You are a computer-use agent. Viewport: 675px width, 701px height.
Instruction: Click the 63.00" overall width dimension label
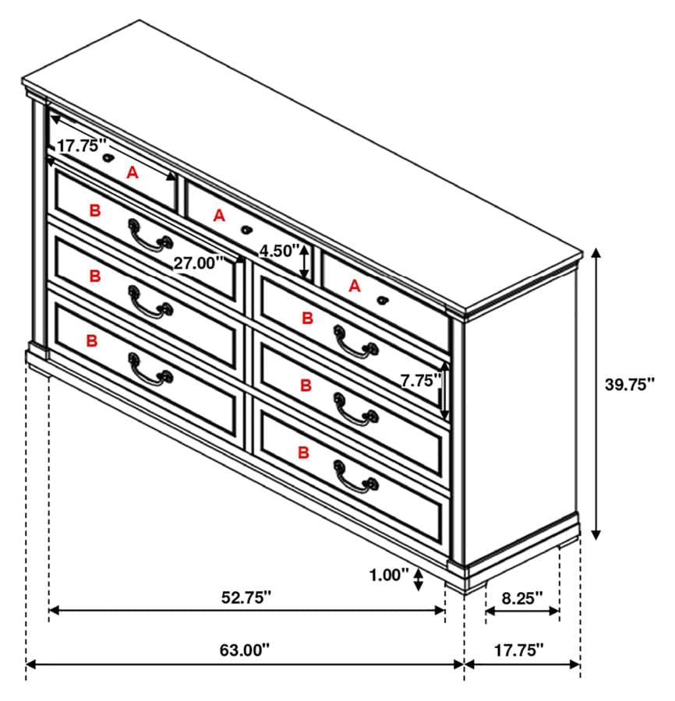(245, 648)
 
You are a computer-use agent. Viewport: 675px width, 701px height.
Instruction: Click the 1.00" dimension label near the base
(390, 576)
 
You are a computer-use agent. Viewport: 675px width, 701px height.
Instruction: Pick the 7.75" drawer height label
(420, 381)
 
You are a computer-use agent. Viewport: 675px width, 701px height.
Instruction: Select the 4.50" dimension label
(279, 251)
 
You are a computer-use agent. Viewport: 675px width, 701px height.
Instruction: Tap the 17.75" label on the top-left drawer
(81, 145)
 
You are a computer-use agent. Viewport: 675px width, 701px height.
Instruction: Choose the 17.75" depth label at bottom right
(520, 649)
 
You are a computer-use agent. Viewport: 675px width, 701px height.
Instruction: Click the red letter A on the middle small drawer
(220, 215)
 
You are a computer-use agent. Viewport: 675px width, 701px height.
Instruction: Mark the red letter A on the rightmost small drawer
(355, 286)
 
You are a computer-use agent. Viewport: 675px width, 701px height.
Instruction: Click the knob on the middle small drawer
(247, 230)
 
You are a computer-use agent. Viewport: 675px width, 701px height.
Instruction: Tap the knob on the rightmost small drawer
(382, 300)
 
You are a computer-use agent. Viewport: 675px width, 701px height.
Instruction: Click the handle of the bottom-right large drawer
(355, 477)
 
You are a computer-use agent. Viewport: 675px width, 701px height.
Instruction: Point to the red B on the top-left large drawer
(95, 210)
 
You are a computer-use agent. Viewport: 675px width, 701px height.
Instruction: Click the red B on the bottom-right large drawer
(304, 451)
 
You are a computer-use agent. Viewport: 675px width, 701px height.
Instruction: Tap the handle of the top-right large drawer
(355, 341)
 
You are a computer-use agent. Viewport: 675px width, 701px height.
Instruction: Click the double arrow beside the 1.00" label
(419, 577)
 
